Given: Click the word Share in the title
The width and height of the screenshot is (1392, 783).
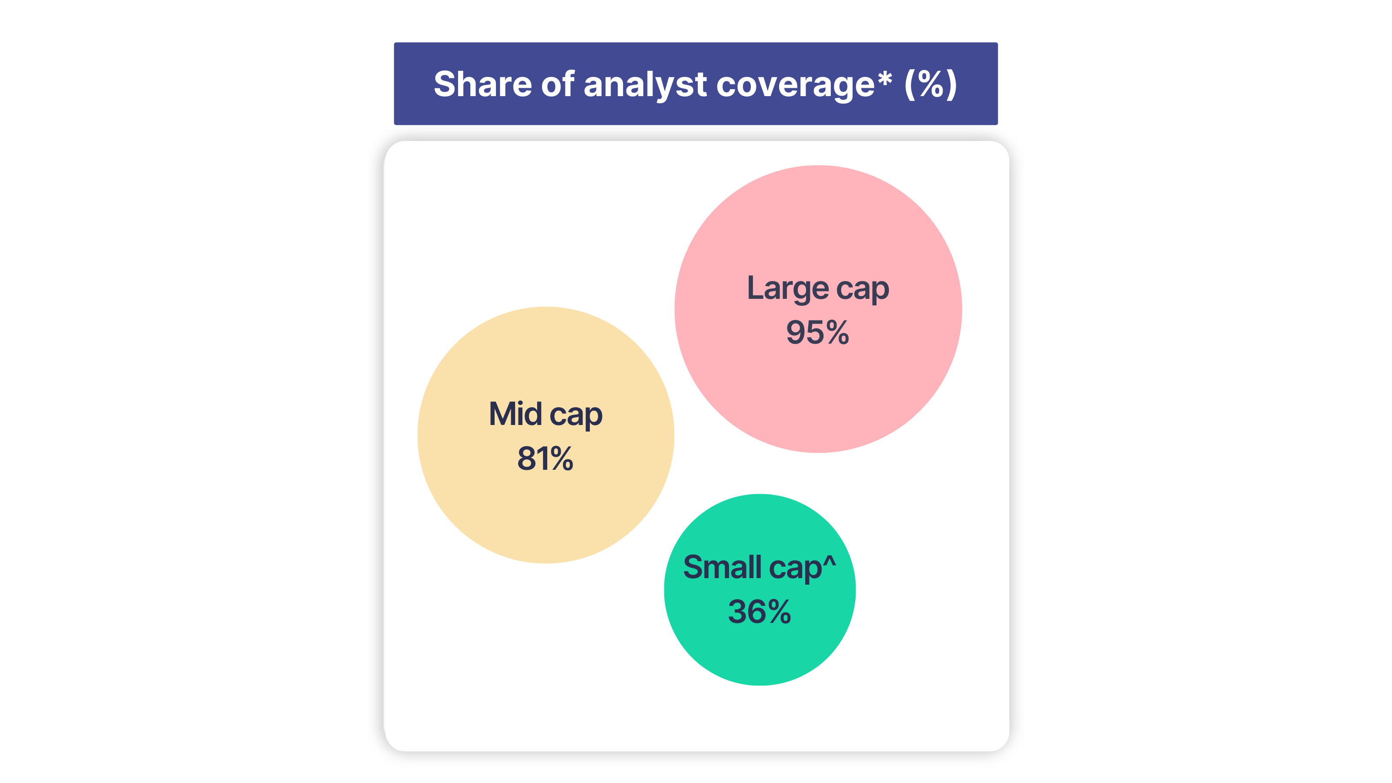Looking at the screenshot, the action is coord(482,84).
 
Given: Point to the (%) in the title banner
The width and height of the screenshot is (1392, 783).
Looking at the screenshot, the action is coord(930,85).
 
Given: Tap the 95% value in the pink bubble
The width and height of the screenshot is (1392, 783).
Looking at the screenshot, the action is coord(818,332).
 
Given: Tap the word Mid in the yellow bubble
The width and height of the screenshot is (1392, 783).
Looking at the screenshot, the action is coord(515,414).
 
